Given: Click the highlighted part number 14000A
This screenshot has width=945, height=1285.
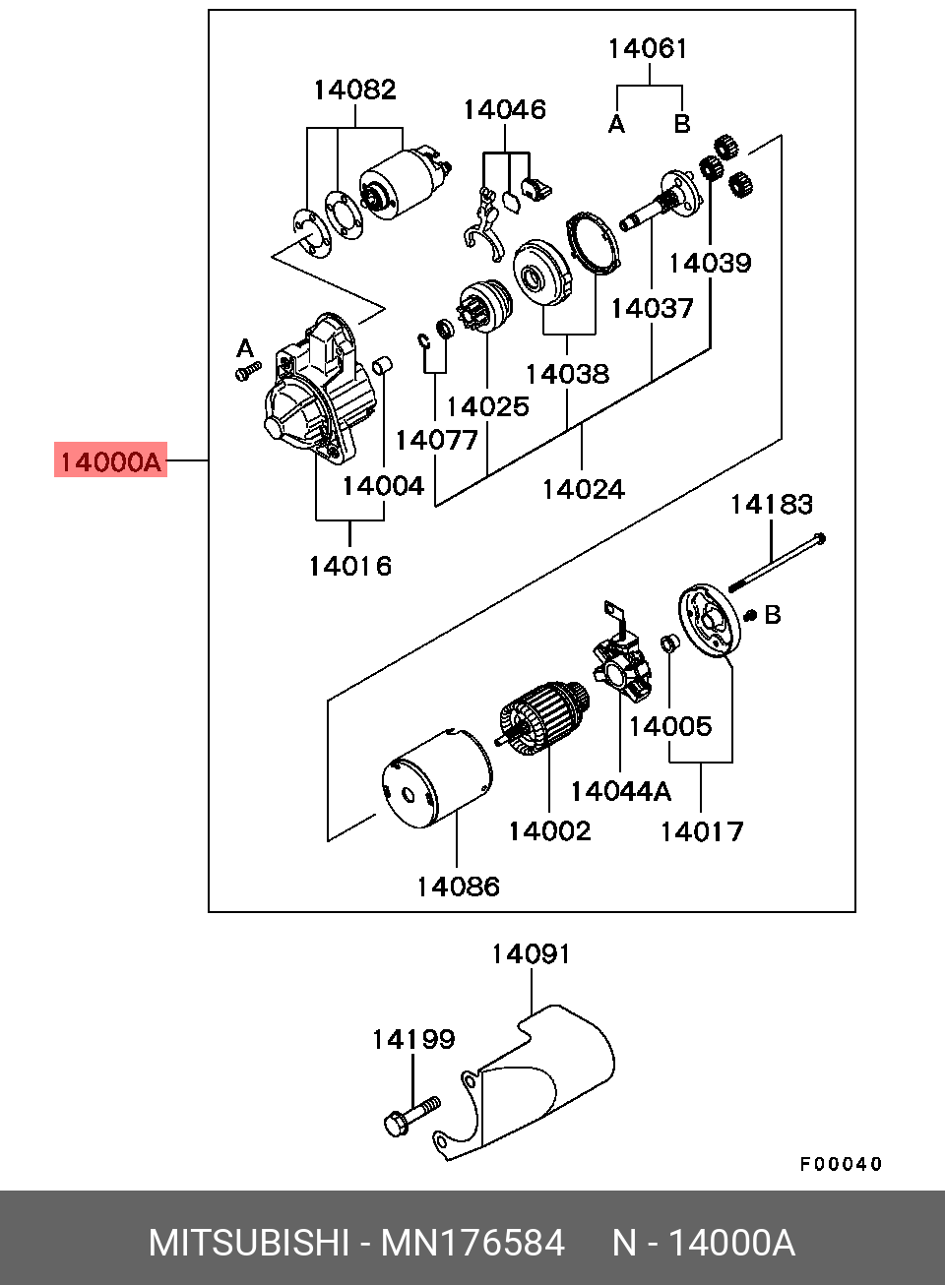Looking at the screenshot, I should pyautogui.click(x=110, y=460).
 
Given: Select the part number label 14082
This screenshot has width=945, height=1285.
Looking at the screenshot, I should pyautogui.click(x=354, y=90).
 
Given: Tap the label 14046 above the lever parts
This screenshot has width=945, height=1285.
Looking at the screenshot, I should pyautogui.click(x=504, y=109).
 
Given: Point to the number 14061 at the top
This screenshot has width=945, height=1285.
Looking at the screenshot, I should pyautogui.click(x=648, y=48).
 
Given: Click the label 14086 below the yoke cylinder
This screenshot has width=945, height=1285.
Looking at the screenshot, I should pyautogui.click(x=458, y=887).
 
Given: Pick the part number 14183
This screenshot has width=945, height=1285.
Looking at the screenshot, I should pyautogui.click(x=771, y=505).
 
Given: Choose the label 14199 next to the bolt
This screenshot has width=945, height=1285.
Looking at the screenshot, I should pyautogui.click(x=412, y=1039).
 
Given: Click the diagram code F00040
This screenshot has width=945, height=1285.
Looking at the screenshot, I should pyautogui.click(x=841, y=1164).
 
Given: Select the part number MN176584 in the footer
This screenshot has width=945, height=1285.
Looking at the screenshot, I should pyautogui.click(x=472, y=1243).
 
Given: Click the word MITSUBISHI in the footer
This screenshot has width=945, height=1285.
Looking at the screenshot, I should pyautogui.click(x=248, y=1243).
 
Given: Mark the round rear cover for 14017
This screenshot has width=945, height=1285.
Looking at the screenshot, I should pyautogui.click(x=709, y=620).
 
